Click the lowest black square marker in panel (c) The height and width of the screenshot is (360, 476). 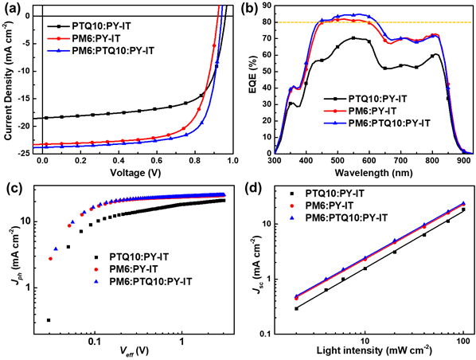tap(49, 319)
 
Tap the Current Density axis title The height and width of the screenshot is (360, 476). tap(10, 78)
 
